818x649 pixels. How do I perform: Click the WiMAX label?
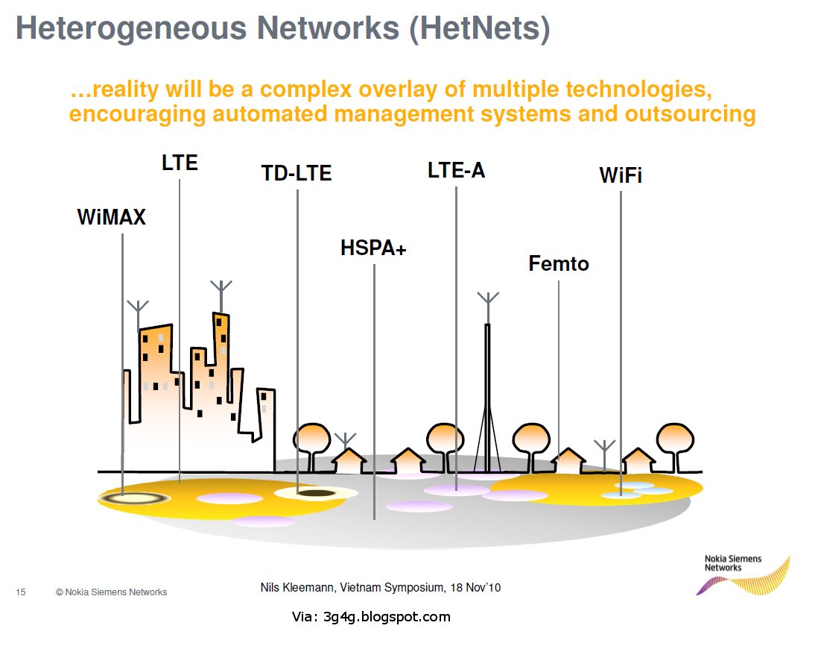(111, 217)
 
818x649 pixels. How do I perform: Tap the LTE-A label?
(456, 170)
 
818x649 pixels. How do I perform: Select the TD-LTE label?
(296, 173)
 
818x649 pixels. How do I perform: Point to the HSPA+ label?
(373, 248)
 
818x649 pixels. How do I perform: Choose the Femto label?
(558, 263)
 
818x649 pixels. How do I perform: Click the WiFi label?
(621, 175)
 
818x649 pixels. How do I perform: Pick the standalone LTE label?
(180, 162)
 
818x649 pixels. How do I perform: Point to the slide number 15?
(21, 592)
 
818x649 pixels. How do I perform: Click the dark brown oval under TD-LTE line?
(315, 492)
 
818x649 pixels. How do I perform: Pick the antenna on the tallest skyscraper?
(221, 295)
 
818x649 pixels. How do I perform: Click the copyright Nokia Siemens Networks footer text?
(111, 592)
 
